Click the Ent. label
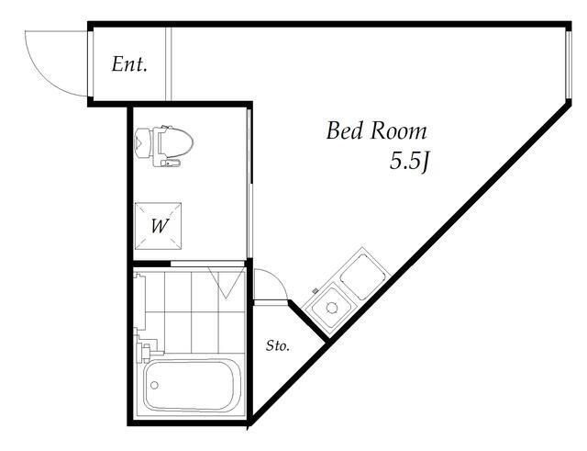click(x=129, y=64)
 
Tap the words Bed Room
click(x=376, y=131)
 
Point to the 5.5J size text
click(x=409, y=162)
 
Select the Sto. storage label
click(x=278, y=345)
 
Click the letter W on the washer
click(x=160, y=226)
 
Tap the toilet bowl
click(x=176, y=143)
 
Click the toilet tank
click(x=143, y=143)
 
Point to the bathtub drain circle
click(x=154, y=385)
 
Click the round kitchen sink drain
click(x=331, y=308)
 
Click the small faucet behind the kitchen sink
click(x=315, y=290)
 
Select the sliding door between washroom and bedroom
click(x=249, y=184)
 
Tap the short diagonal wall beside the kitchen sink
click(x=308, y=321)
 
